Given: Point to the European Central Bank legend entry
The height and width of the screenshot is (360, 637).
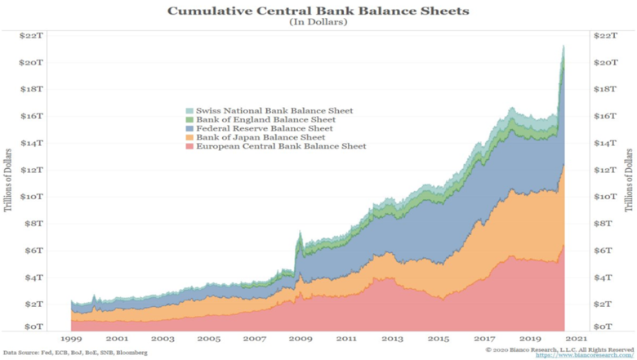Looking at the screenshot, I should pos(274,146).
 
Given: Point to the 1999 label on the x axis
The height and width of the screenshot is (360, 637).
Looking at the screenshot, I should pos(71,338).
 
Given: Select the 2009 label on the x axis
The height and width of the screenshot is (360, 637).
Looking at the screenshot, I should pos(301,338).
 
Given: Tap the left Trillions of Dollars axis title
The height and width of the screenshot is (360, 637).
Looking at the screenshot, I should pos(10,180).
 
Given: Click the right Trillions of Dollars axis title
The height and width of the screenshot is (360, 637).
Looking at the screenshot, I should pos(629,180).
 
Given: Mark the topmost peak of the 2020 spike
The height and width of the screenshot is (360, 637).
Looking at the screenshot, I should pos(563,46).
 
